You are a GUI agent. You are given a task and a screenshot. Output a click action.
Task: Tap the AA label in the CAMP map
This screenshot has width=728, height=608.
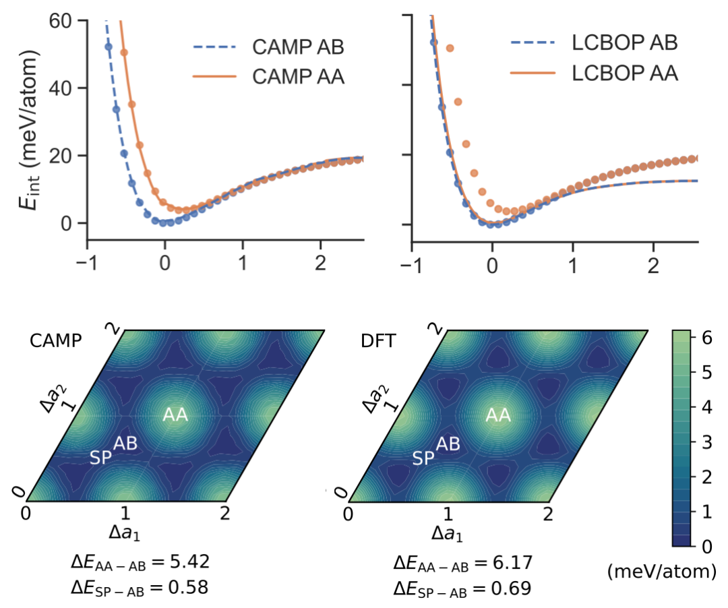(x=176, y=416)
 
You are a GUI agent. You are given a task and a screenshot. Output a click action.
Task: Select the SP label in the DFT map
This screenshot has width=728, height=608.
(x=423, y=458)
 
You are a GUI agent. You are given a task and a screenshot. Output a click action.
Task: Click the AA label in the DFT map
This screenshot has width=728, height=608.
(x=498, y=416)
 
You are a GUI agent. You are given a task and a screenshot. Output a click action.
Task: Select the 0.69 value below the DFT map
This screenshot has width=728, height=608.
(x=508, y=588)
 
